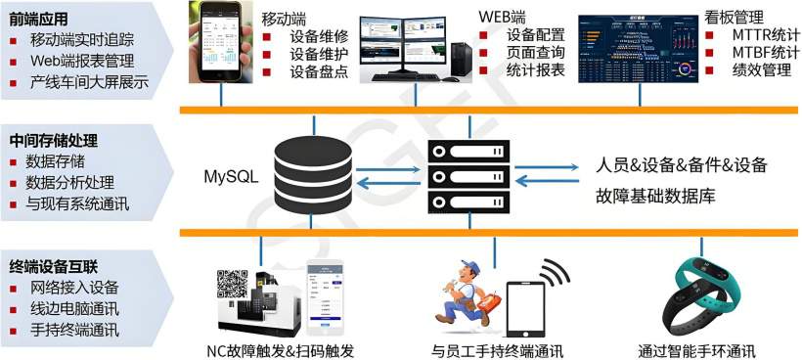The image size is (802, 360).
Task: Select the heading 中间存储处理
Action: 55,140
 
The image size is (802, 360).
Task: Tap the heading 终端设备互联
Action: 55,264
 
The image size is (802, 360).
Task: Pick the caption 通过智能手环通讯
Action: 696,350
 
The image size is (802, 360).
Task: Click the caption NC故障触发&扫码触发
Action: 279,350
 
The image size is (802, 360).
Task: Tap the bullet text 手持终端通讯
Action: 74,331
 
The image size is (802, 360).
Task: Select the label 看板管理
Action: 735,17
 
